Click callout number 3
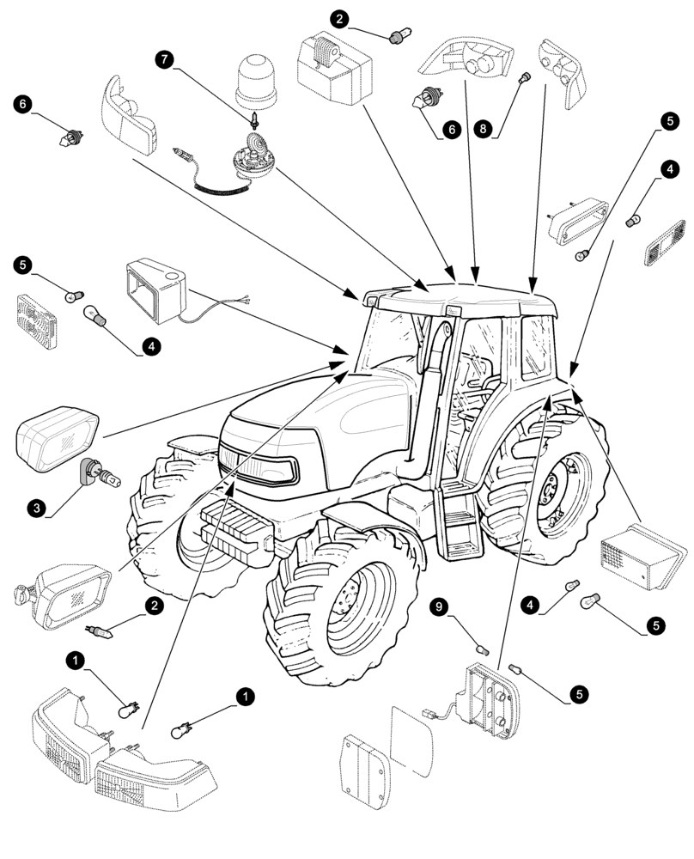coord(36,509)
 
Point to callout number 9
coord(439,608)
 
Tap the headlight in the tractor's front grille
coord(258,468)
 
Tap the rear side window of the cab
coord(537,344)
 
